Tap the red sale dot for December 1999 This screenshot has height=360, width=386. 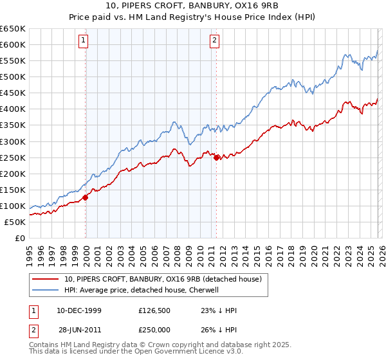click(x=86, y=197)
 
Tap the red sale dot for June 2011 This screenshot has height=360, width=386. click(x=217, y=157)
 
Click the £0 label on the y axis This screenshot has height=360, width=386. click(x=19, y=238)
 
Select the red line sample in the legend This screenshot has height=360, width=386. click(x=46, y=280)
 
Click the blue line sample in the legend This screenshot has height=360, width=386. click(x=46, y=290)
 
